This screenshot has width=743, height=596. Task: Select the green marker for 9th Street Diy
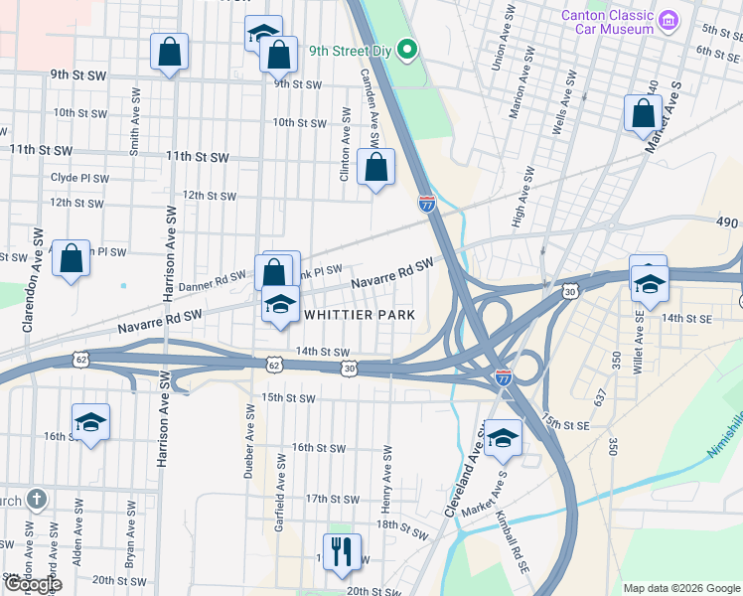(405, 49)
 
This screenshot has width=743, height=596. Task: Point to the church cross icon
(36, 500)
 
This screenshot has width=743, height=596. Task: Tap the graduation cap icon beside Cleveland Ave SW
(503, 438)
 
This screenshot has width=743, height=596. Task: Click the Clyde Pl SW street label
(79, 178)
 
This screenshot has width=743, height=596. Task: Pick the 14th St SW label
(323, 352)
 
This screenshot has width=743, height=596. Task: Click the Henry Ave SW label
(386, 479)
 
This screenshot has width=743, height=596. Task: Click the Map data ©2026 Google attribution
(680, 588)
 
